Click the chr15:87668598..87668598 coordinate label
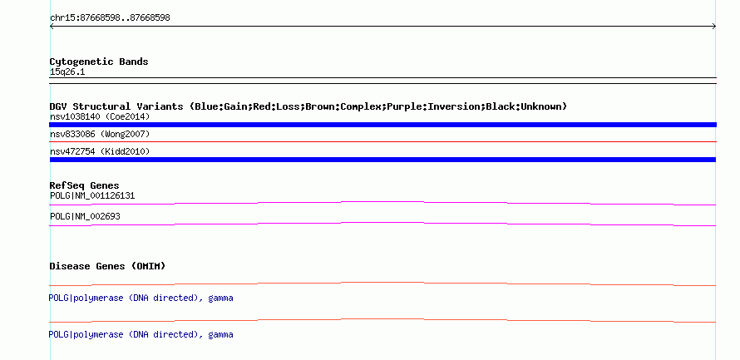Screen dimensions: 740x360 pos(110,18)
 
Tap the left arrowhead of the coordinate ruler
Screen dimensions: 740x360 pos(52,27)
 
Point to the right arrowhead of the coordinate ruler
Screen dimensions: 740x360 pos(714,27)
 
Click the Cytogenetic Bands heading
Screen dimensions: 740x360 pos(99,62)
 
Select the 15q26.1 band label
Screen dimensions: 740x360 pos(67,72)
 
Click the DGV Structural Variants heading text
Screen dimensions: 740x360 pos(116,106)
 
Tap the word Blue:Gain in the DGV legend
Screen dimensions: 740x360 pos(221,106)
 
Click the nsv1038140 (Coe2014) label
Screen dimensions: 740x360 pos(100,116)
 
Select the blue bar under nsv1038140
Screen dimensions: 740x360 pos(382,125)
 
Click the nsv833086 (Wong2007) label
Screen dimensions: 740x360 pos(100,135)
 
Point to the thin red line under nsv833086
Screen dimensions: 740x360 pos(382,141)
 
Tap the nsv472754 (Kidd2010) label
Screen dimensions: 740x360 pos(100,151)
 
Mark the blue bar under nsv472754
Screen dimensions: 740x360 pos(382,160)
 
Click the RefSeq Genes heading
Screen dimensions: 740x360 pos(85,185)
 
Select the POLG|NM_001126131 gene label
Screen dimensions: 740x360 pos(92,196)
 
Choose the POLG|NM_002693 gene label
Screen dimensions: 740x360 pos(85,216)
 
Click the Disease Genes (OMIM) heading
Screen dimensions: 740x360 pos(107,266)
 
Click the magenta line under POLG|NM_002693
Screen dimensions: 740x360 pos(382,223)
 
